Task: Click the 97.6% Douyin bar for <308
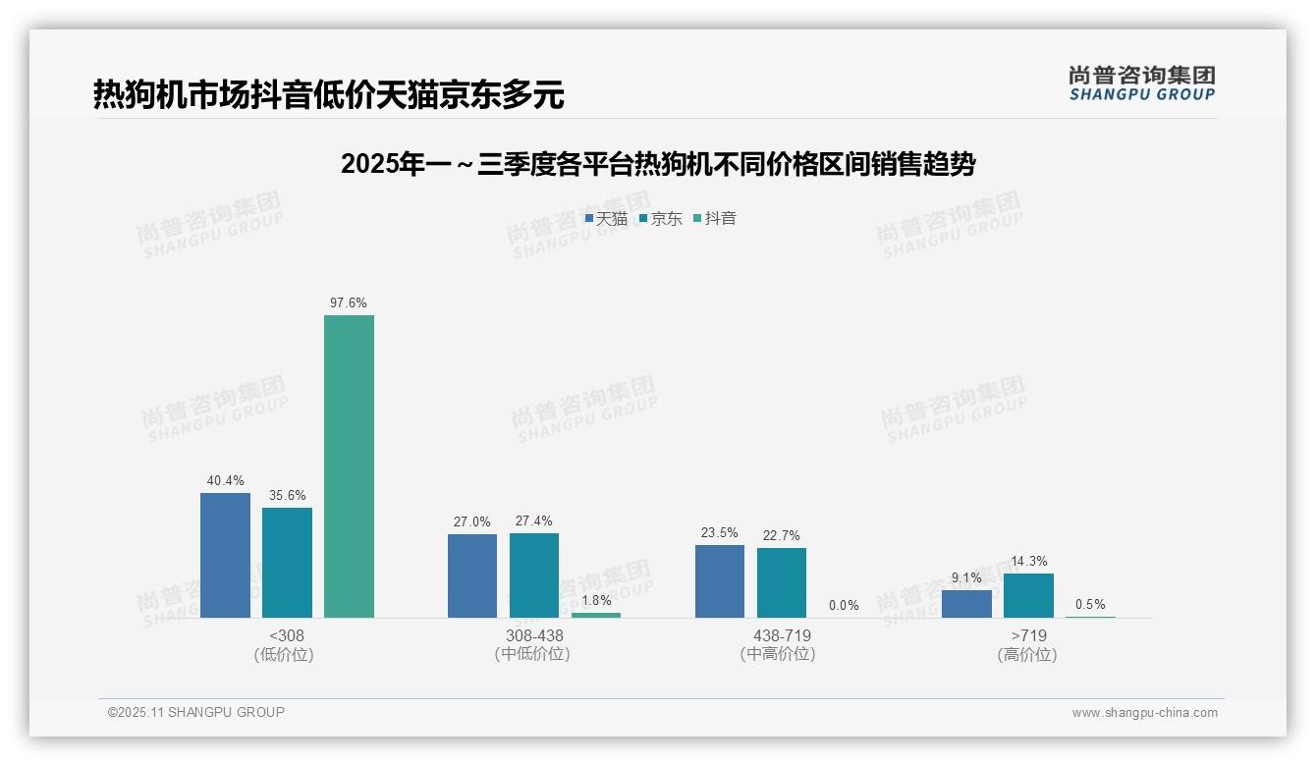[x=349, y=466]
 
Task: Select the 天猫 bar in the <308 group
[x=225, y=555]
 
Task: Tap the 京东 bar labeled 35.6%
[x=287, y=563]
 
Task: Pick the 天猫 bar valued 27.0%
[x=472, y=575]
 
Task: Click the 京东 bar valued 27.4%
[x=534, y=575]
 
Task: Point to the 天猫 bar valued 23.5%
[x=720, y=581]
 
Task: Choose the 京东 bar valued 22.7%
[x=782, y=582]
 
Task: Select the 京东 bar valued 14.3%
[x=1028, y=595]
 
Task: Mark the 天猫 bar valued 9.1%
[x=966, y=604]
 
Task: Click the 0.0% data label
[x=844, y=606]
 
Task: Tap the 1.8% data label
[x=596, y=600]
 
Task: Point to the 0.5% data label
[x=1090, y=605]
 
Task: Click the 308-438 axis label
[x=534, y=636]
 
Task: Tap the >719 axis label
[x=1028, y=636]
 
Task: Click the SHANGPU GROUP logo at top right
[x=1141, y=82]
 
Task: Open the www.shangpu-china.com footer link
[x=1144, y=713]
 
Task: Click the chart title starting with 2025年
[x=657, y=165]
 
